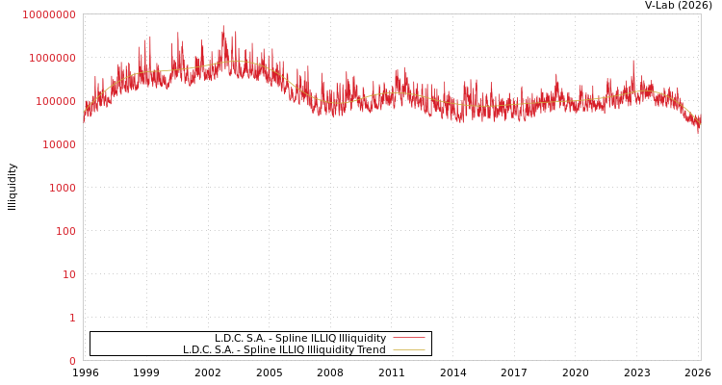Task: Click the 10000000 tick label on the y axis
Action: coord(48,14)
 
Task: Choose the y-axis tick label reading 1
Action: coord(71,318)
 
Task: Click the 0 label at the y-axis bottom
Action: coord(71,361)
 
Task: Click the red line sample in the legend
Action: coord(408,339)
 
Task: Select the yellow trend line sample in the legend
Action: coord(408,350)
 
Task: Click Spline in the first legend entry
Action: coord(292,339)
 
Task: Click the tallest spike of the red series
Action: coord(223,26)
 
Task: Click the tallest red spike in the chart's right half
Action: coord(633,61)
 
